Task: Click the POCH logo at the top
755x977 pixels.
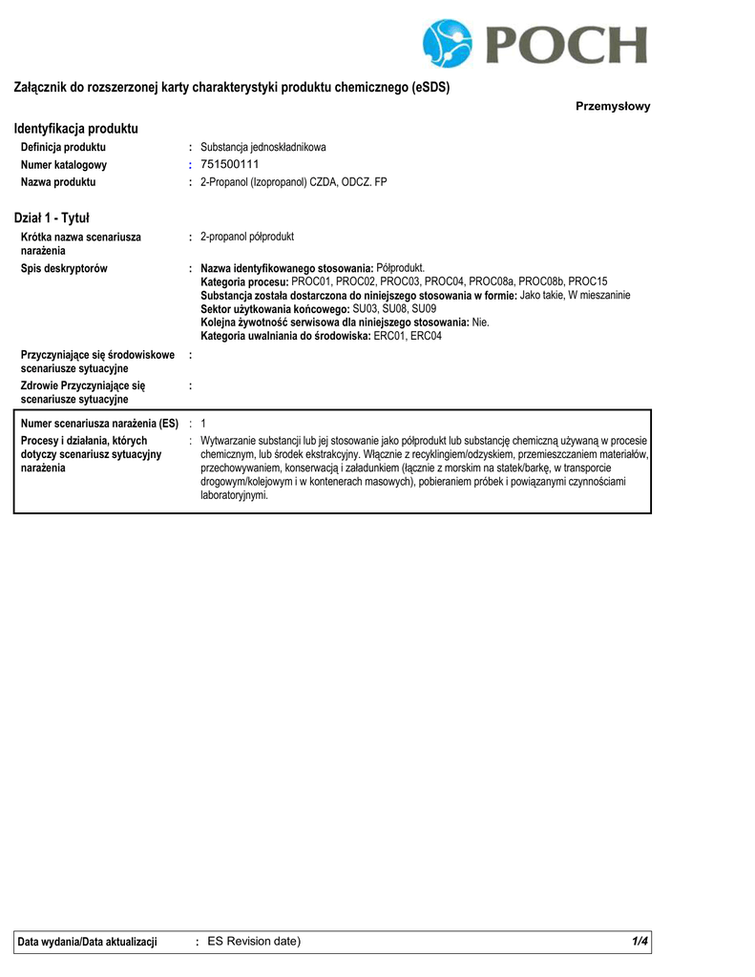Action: [535, 43]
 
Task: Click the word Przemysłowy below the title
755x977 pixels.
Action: [613, 106]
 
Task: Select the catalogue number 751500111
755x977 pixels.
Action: [230, 164]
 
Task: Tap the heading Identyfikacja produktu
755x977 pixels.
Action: [76, 128]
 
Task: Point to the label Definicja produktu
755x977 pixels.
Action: [63, 147]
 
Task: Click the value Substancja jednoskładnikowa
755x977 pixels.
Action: [263, 147]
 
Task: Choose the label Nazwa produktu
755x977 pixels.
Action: [58, 181]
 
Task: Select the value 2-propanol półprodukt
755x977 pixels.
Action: [247, 237]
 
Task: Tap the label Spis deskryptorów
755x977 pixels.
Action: [64, 268]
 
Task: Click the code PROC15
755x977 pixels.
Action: [588, 281]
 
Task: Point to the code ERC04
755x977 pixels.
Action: [427, 336]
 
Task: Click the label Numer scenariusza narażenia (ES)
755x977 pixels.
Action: [99, 423]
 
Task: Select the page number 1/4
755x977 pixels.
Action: [640, 942]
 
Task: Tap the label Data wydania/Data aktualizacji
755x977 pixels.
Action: [87, 942]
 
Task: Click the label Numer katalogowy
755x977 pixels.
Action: [64, 164]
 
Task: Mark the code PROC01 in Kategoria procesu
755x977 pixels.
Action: [312, 281]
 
